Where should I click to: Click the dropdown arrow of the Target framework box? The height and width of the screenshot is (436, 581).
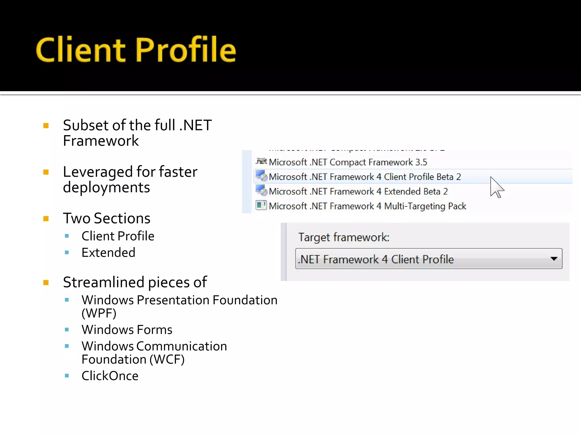click(x=553, y=259)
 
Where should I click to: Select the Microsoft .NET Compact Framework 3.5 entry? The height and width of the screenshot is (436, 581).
click(x=348, y=162)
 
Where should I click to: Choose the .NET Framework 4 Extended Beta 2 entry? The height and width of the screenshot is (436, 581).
click(x=358, y=192)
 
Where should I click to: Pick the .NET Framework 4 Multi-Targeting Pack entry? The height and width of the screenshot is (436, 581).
click(x=367, y=206)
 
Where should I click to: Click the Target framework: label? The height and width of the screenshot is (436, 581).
click(x=344, y=237)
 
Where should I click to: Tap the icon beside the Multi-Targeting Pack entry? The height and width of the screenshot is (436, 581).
click(x=261, y=205)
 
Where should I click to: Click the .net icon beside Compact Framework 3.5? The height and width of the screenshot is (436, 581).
click(x=261, y=162)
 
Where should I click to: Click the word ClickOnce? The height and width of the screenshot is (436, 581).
click(x=110, y=376)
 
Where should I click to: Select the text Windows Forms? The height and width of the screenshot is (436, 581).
click(x=127, y=330)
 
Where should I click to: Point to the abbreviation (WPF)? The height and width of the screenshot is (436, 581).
click(x=99, y=313)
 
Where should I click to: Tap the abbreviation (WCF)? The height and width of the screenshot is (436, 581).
click(x=167, y=360)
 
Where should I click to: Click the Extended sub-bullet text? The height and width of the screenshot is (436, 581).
click(x=108, y=253)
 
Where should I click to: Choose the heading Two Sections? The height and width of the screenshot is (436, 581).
click(x=106, y=218)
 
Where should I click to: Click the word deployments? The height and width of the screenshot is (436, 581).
click(x=106, y=188)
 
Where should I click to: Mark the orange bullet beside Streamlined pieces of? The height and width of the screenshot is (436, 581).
click(x=46, y=282)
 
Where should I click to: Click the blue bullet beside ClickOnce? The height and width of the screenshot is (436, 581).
click(x=67, y=376)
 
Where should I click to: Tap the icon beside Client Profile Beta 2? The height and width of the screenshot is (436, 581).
click(x=261, y=176)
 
